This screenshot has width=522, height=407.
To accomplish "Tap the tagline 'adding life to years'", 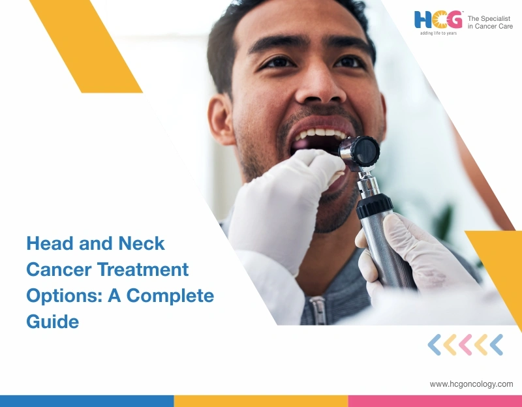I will [x=438, y=33].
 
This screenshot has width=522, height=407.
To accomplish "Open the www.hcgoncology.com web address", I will [x=471, y=384].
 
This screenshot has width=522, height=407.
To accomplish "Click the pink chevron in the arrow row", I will [x=465, y=344].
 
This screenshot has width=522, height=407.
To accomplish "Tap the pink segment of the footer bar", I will [x=435, y=401].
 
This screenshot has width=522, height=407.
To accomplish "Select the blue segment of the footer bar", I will [x=87, y=401].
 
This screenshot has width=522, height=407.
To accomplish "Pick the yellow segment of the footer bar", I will [x=261, y=401].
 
